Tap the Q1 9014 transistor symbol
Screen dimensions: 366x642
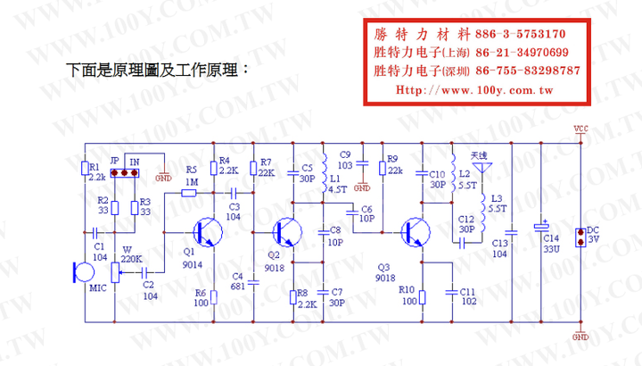[209, 234]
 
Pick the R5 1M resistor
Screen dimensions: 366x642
[189, 192]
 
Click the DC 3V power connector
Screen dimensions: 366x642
[580, 237]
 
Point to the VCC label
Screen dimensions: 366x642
[580, 128]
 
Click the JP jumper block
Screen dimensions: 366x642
[125, 173]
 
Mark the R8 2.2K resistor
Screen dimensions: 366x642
[292, 297]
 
